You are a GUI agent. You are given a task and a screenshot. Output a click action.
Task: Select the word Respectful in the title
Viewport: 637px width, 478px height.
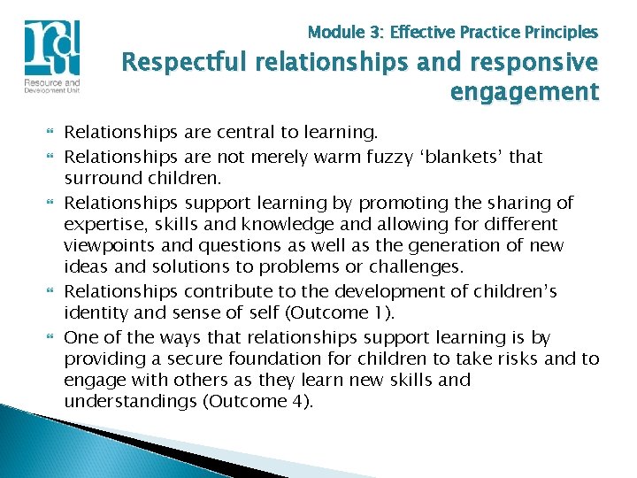[x=180, y=65]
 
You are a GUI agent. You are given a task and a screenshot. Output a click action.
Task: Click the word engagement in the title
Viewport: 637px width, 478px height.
[x=525, y=91]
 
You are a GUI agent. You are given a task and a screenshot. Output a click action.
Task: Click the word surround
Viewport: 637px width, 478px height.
[x=99, y=179]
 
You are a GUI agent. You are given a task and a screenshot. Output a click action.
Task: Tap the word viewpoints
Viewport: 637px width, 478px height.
[x=109, y=246]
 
